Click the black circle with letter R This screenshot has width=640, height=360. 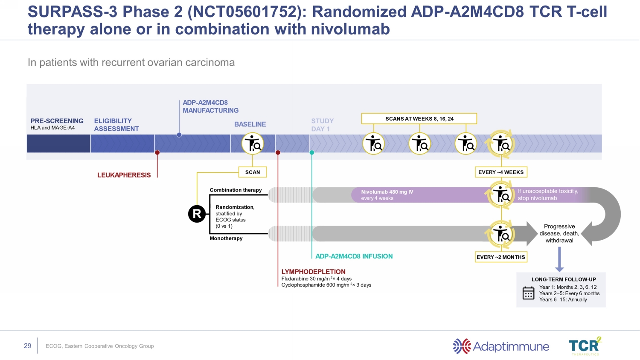click(197, 214)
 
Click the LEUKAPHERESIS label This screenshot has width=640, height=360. click(124, 175)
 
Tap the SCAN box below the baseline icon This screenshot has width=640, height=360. click(253, 172)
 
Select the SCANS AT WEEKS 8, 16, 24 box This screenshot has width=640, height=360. click(419, 119)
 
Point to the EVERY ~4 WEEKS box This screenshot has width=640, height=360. click(501, 172)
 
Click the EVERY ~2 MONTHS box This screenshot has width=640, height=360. click(501, 257)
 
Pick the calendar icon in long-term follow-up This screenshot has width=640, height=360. click(528, 293)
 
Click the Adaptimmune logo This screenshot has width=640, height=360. click(501, 346)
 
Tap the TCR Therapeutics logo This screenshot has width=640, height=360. click(585, 346)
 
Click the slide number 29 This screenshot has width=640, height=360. click(28, 346)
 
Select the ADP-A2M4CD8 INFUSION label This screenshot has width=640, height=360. click(354, 256)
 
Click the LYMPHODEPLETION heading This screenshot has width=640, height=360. click(313, 272)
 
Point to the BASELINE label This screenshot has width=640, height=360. click(250, 124)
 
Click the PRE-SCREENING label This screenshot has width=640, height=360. click(57, 121)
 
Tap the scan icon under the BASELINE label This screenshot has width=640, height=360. click(253, 144)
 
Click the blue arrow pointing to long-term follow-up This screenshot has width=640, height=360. click(559, 259)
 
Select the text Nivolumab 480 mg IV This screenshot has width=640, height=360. click(387, 192)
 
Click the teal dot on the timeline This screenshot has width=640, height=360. click(312, 153)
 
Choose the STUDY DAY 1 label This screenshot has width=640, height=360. click(322, 125)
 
